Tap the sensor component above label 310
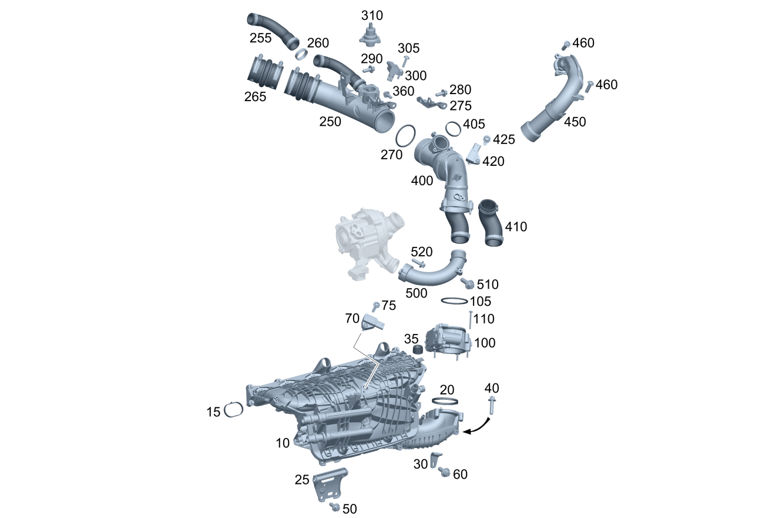point(370,37)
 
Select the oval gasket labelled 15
point(234,410)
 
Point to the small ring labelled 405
point(453,128)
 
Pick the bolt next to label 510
point(468,284)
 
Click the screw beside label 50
point(335,506)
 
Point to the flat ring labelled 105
point(454,301)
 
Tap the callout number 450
point(575,122)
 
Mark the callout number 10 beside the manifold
point(283,443)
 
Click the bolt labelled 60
point(444,472)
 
